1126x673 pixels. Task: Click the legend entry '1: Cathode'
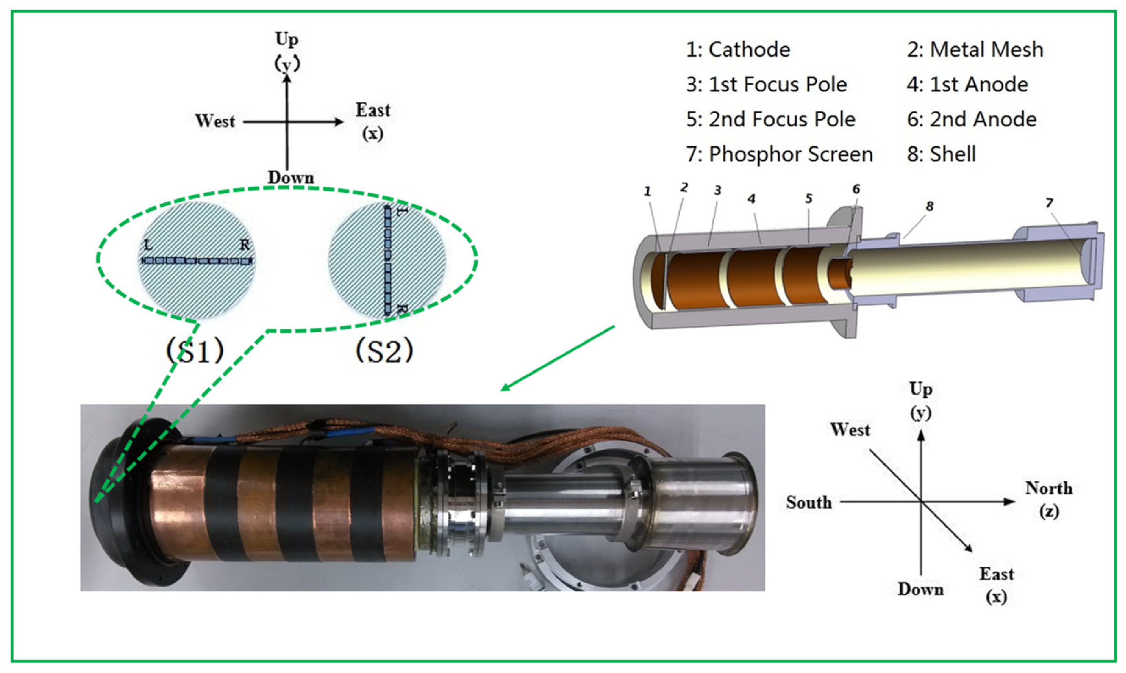click(738, 49)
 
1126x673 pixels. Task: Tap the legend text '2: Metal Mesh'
click(975, 49)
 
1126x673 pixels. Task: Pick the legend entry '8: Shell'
click(941, 154)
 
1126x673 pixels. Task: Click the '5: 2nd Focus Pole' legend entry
click(771, 119)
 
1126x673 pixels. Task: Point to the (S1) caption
click(195, 350)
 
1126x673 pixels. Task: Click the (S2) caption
click(385, 350)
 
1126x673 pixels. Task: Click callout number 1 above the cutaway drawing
click(647, 191)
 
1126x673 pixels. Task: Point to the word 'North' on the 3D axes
click(1049, 488)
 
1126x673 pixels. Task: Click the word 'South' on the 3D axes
click(809, 502)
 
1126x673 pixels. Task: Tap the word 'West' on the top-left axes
click(215, 121)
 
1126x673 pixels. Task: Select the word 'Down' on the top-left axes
click(290, 177)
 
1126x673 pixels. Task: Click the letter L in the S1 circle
click(147, 245)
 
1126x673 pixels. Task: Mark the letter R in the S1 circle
click(245, 245)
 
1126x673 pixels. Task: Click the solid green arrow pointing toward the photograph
click(557, 358)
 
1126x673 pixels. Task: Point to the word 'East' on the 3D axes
click(996, 574)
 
